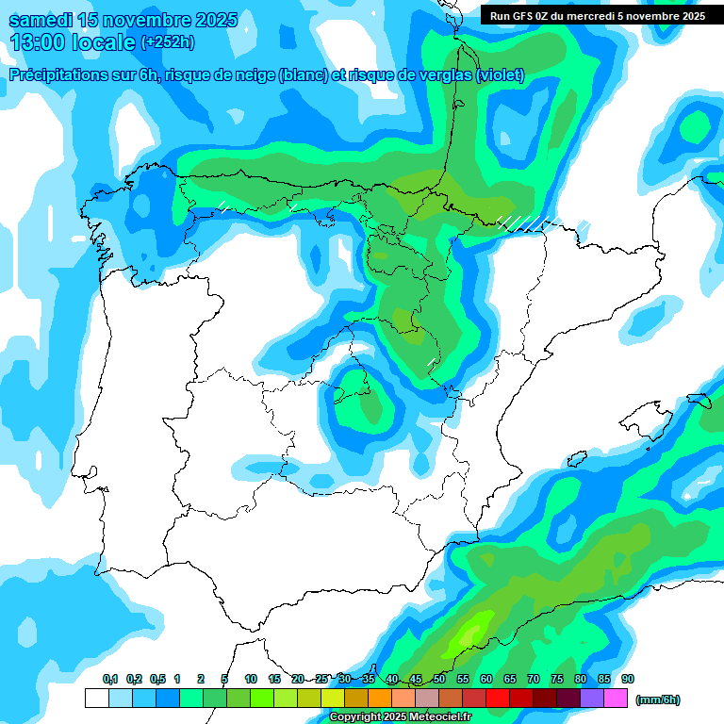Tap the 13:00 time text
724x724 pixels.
[x=37, y=42]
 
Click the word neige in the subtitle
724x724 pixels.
[x=255, y=75]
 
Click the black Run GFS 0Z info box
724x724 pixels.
[x=598, y=15]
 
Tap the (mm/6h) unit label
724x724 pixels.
[x=657, y=699]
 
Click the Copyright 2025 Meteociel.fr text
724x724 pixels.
[x=400, y=717]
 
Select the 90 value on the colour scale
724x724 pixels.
[x=628, y=680]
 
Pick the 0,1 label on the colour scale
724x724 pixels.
[x=109, y=680]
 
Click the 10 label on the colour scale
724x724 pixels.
[x=251, y=680]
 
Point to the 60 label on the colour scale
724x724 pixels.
[x=486, y=680]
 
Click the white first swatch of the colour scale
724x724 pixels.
[x=96, y=699]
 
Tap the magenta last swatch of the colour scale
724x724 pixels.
[x=616, y=699]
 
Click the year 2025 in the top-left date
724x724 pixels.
[x=212, y=20]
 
